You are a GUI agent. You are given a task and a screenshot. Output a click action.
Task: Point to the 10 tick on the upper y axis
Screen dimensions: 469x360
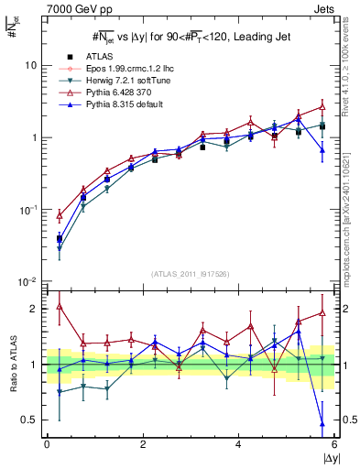(30, 66)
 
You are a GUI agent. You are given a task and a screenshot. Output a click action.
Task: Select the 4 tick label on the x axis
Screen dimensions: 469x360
(238, 445)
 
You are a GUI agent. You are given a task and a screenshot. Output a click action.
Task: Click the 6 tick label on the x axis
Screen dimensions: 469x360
(334, 445)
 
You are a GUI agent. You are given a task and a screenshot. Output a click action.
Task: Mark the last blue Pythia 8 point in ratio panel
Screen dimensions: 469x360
(322, 424)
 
